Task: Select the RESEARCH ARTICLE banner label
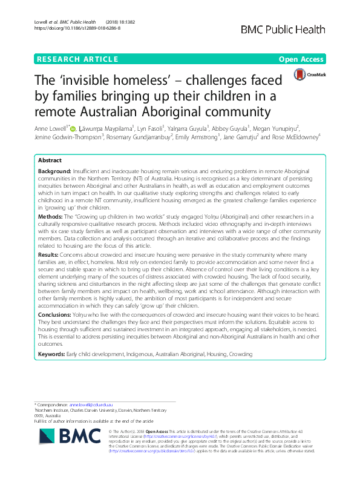click(77, 59)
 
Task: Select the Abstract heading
click(51, 162)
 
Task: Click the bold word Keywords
click(53, 353)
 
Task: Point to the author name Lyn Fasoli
click(168, 128)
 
